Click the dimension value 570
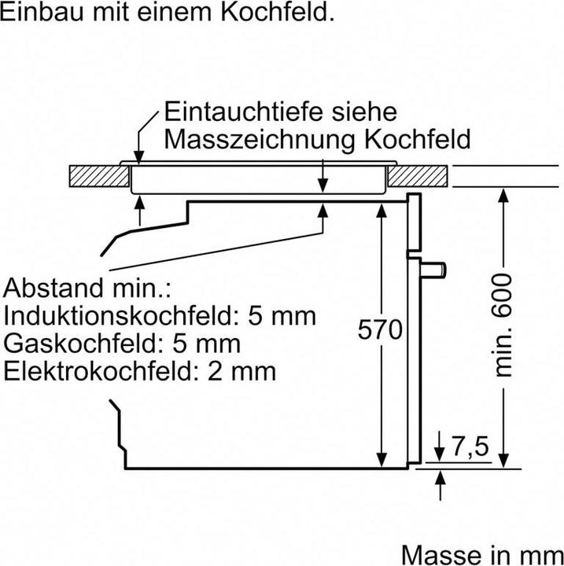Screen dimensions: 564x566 (x=380, y=329)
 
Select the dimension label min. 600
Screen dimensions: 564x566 (x=503, y=325)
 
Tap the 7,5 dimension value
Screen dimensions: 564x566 (x=470, y=447)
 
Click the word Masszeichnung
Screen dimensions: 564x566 (x=260, y=139)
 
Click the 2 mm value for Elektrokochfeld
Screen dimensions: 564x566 (x=241, y=371)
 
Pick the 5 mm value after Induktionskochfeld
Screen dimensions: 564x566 (x=282, y=316)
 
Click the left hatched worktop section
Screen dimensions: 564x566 (x=99, y=176)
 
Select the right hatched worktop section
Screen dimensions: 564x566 (x=418, y=176)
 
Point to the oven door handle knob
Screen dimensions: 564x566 (x=433, y=270)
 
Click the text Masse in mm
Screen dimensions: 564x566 (x=482, y=554)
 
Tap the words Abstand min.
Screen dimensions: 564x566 (x=87, y=288)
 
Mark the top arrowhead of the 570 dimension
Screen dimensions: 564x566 (x=382, y=211)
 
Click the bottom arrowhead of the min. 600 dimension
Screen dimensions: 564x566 (x=503, y=461)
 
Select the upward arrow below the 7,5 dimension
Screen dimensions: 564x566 (x=440, y=485)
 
